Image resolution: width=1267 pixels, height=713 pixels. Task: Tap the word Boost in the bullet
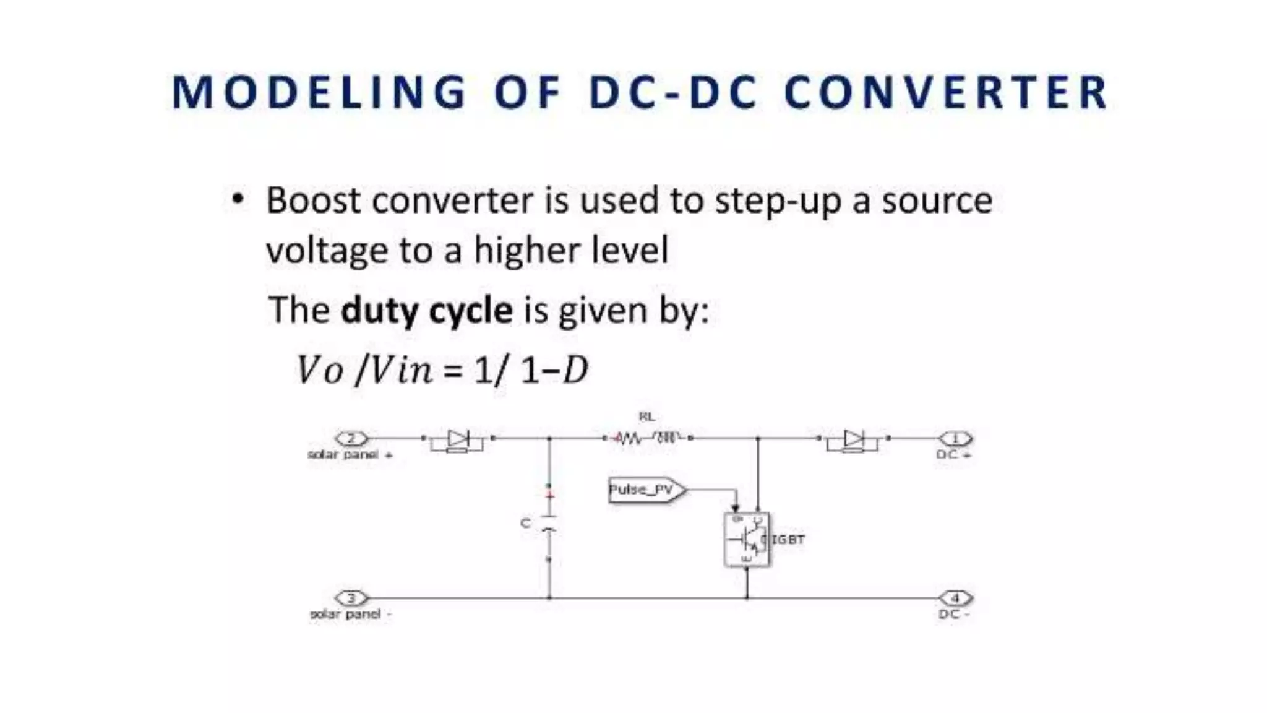[x=312, y=201]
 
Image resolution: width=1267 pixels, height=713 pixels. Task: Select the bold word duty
[x=378, y=310]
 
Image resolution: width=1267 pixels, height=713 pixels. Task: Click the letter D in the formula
[x=575, y=371]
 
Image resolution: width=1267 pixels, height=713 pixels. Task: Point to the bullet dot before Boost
[x=238, y=199]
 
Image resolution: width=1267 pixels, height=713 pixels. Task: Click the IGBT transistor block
[x=747, y=539]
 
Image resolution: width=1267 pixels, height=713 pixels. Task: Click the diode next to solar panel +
[x=458, y=440]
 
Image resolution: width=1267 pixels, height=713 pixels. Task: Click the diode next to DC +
[x=854, y=440]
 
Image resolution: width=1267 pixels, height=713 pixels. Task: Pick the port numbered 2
[x=351, y=439]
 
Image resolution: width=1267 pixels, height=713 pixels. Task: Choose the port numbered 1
[x=955, y=439]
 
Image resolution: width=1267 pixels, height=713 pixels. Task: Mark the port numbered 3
[x=351, y=598]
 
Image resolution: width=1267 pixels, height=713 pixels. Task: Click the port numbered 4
[x=955, y=598]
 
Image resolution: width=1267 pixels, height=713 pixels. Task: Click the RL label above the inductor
[x=646, y=417]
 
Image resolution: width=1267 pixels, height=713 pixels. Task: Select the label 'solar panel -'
[x=350, y=614]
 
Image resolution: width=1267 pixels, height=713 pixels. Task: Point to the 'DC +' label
[x=953, y=454]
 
